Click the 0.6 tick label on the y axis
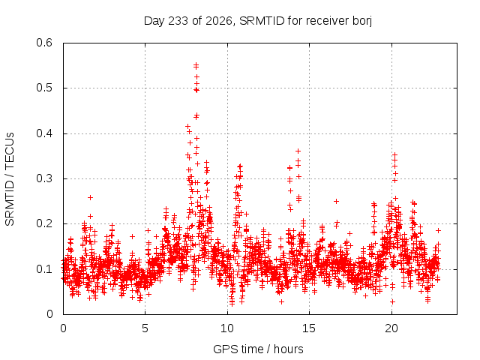44,43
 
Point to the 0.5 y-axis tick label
44,88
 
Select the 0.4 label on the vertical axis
44,133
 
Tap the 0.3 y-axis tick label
44,178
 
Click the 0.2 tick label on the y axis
44,223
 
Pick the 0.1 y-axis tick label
44,269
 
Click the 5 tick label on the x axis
145,328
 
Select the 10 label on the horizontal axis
227,328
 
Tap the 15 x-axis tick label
309,328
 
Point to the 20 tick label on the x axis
391,328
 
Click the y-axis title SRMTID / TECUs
10,179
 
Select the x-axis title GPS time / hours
258,349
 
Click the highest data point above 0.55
196,64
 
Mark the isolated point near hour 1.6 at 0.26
90,198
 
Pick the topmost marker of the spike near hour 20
395,154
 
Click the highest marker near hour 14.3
298,151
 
